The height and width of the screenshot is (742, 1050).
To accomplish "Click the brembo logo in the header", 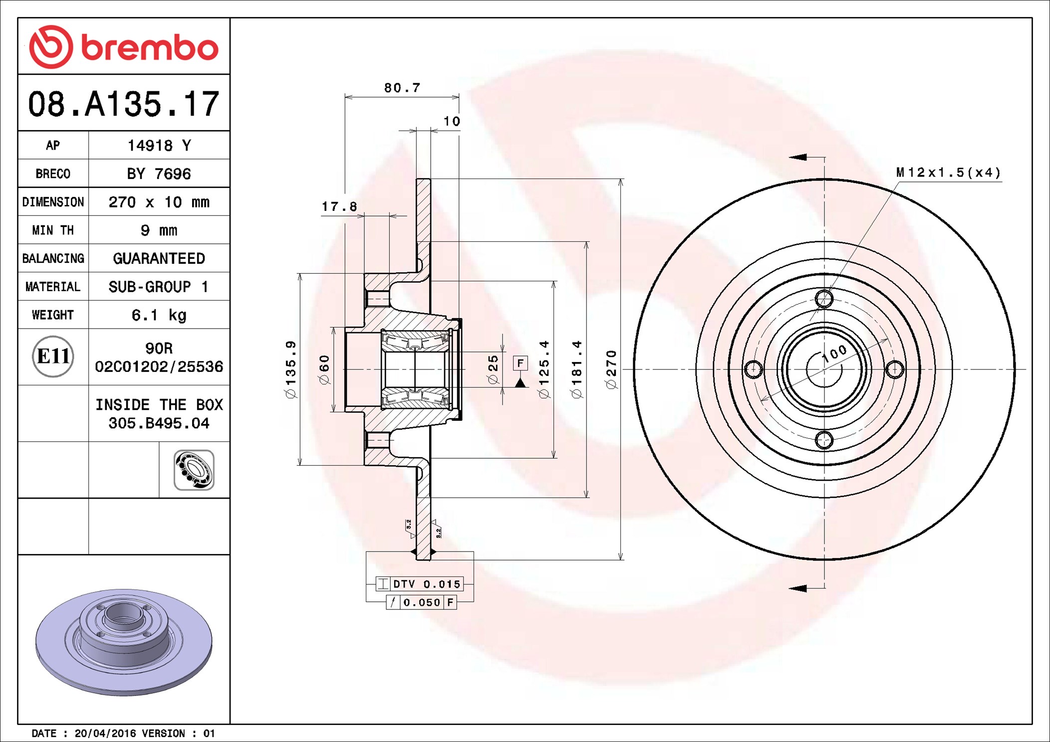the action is (124, 47).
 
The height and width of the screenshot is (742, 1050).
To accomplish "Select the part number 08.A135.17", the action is (124, 104).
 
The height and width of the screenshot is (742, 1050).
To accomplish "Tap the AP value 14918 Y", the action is (159, 146).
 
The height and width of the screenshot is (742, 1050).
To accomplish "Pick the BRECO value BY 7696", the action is (159, 174).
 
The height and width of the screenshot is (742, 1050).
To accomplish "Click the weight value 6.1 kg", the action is (159, 315).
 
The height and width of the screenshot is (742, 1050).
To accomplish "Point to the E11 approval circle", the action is (53, 357).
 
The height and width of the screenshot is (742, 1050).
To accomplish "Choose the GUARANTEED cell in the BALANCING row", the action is (159, 258).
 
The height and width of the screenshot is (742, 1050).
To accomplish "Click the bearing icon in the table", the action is (194, 470).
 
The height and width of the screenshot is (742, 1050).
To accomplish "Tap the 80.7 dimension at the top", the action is (402, 88).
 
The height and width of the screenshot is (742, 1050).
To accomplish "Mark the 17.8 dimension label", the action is (339, 206).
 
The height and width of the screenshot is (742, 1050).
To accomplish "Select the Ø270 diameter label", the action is (611, 370).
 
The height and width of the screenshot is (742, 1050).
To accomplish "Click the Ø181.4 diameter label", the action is (577, 370).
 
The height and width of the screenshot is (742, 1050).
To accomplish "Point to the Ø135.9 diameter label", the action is (290, 370).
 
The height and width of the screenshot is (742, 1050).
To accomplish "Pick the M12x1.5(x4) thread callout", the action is (949, 173).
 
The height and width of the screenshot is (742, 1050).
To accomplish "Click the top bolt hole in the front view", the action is (824, 299).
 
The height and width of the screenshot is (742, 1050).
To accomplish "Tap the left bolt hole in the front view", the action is (754, 370).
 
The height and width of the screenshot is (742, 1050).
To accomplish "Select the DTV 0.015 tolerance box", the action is (420, 584).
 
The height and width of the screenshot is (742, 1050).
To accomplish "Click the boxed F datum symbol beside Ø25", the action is (521, 363).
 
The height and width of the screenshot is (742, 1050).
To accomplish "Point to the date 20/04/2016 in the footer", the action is (105, 734).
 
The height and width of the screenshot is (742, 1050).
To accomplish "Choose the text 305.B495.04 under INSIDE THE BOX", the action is (159, 423).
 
